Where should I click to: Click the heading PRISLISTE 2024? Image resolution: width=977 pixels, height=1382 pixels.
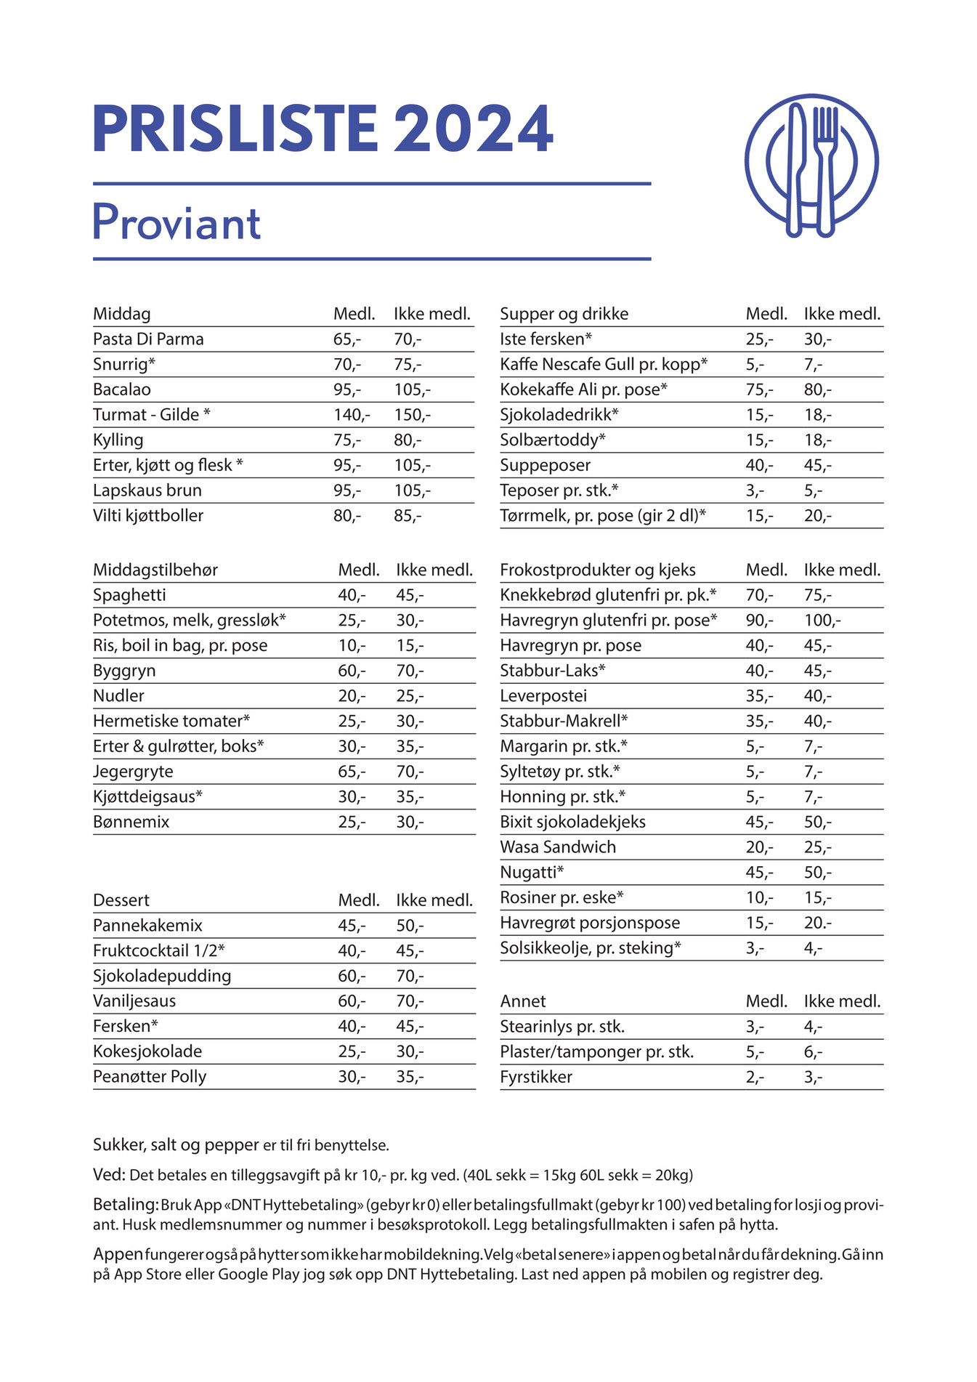tap(323, 129)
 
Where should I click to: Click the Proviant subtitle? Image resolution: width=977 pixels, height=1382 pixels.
tap(177, 223)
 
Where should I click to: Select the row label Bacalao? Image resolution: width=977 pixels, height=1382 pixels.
tap(122, 389)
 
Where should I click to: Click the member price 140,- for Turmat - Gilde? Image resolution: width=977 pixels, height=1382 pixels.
tap(351, 415)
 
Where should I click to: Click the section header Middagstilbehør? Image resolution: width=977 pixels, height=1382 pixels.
tap(155, 570)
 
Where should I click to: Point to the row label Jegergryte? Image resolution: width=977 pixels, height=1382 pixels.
tap(133, 772)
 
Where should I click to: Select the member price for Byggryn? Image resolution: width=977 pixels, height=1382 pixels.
tap(352, 671)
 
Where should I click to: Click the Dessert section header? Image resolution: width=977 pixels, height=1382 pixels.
tap(121, 900)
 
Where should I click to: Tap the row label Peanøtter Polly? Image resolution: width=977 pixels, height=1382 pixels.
tap(150, 1077)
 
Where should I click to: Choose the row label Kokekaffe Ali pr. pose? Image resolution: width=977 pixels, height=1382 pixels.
tap(583, 389)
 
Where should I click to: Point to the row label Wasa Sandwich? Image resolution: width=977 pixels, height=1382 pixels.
tap(558, 847)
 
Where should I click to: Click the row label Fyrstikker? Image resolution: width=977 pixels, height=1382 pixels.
tap(536, 1077)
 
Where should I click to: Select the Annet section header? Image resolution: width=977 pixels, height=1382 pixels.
tap(522, 1001)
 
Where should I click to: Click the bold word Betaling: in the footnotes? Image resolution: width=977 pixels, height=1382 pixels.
tap(126, 1205)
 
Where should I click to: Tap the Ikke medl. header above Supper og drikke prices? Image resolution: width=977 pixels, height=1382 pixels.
tap(842, 314)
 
